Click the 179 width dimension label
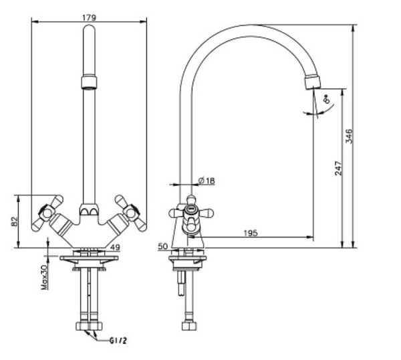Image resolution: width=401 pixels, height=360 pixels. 89,17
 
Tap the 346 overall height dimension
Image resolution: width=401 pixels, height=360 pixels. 349,137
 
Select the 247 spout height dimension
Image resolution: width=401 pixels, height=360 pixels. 338,168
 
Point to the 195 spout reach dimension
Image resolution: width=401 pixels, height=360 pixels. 251,234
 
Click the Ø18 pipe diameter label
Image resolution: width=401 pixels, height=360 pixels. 207,181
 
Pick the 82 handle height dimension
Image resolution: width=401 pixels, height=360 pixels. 15,221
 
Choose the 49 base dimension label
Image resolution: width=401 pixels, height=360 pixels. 115,248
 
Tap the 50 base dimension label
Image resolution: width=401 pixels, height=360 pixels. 162,246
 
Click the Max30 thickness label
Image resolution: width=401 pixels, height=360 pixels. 45,277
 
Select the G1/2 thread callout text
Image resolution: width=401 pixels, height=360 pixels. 118,341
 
